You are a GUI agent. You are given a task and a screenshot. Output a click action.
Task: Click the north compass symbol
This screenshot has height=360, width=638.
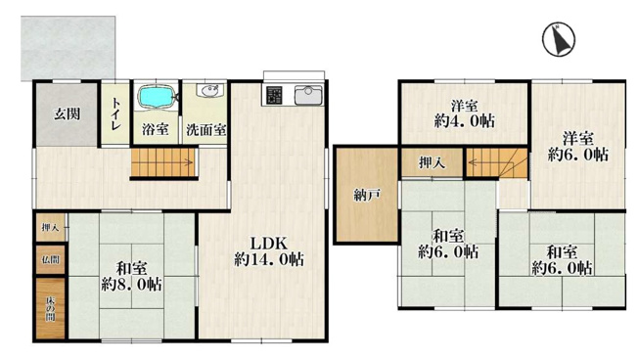[x=560, y=40]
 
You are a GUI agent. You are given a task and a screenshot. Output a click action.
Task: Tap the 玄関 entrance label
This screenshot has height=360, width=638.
[x=67, y=113]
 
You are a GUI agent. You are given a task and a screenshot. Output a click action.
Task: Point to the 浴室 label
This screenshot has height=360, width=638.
[x=155, y=129]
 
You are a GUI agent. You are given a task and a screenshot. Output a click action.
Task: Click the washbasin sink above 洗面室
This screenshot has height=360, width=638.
[x=207, y=93]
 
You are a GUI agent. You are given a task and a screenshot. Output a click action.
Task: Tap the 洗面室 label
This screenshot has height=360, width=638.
[x=206, y=129]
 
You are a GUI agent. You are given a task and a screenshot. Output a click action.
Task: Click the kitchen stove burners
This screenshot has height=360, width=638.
[x=273, y=97]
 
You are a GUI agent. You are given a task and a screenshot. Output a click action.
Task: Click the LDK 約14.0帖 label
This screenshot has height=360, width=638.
[x=267, y=250]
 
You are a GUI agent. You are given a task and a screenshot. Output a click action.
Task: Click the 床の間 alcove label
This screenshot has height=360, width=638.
[x=49, y=307]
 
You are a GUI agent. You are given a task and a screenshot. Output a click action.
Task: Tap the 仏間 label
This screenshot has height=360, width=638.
[x=49, y=260]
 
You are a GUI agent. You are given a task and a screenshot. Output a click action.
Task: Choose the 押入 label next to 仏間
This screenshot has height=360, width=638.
[x=49, y=228]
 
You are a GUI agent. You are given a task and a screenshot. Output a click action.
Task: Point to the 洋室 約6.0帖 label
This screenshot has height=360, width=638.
[x=577, y=146]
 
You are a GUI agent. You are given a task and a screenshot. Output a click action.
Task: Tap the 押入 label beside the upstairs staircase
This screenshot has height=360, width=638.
[x=432, y=162]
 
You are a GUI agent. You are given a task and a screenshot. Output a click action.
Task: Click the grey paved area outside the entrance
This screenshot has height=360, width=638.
[x=68, y=44]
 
